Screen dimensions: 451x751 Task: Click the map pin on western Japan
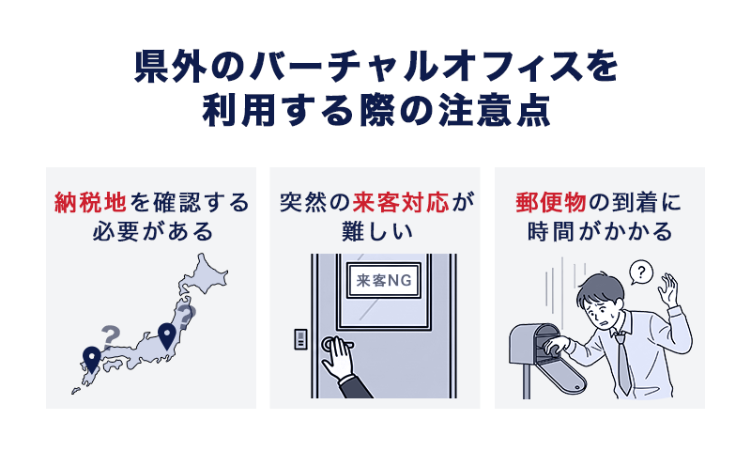[91, 358]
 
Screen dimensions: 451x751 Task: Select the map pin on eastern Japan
[167, 334]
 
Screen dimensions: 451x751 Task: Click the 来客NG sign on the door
[385, 281]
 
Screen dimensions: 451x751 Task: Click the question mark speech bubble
[641, 272]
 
